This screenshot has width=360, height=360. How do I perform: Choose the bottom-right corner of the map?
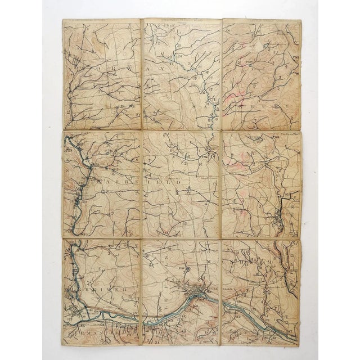pos(299,345)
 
